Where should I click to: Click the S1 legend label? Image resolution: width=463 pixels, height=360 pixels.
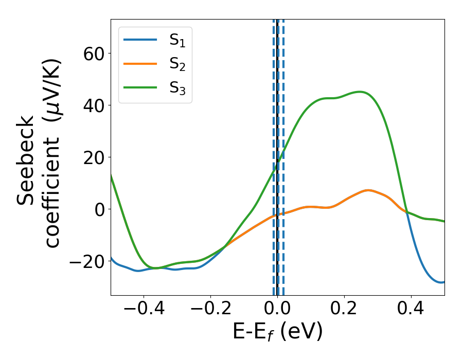[177, 41]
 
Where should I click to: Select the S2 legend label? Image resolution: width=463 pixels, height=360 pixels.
[177, 65]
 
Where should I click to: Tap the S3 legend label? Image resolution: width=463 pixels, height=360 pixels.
[177, 88]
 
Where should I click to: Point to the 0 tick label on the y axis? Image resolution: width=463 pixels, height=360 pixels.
[99, 209]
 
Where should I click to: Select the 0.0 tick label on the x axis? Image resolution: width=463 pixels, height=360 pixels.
[277, 310]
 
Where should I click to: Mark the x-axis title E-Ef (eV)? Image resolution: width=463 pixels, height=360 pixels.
[277, 332]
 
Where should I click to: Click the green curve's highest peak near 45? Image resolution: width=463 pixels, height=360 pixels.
[360, 92]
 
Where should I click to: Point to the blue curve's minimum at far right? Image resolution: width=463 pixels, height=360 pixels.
[441, 282]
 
